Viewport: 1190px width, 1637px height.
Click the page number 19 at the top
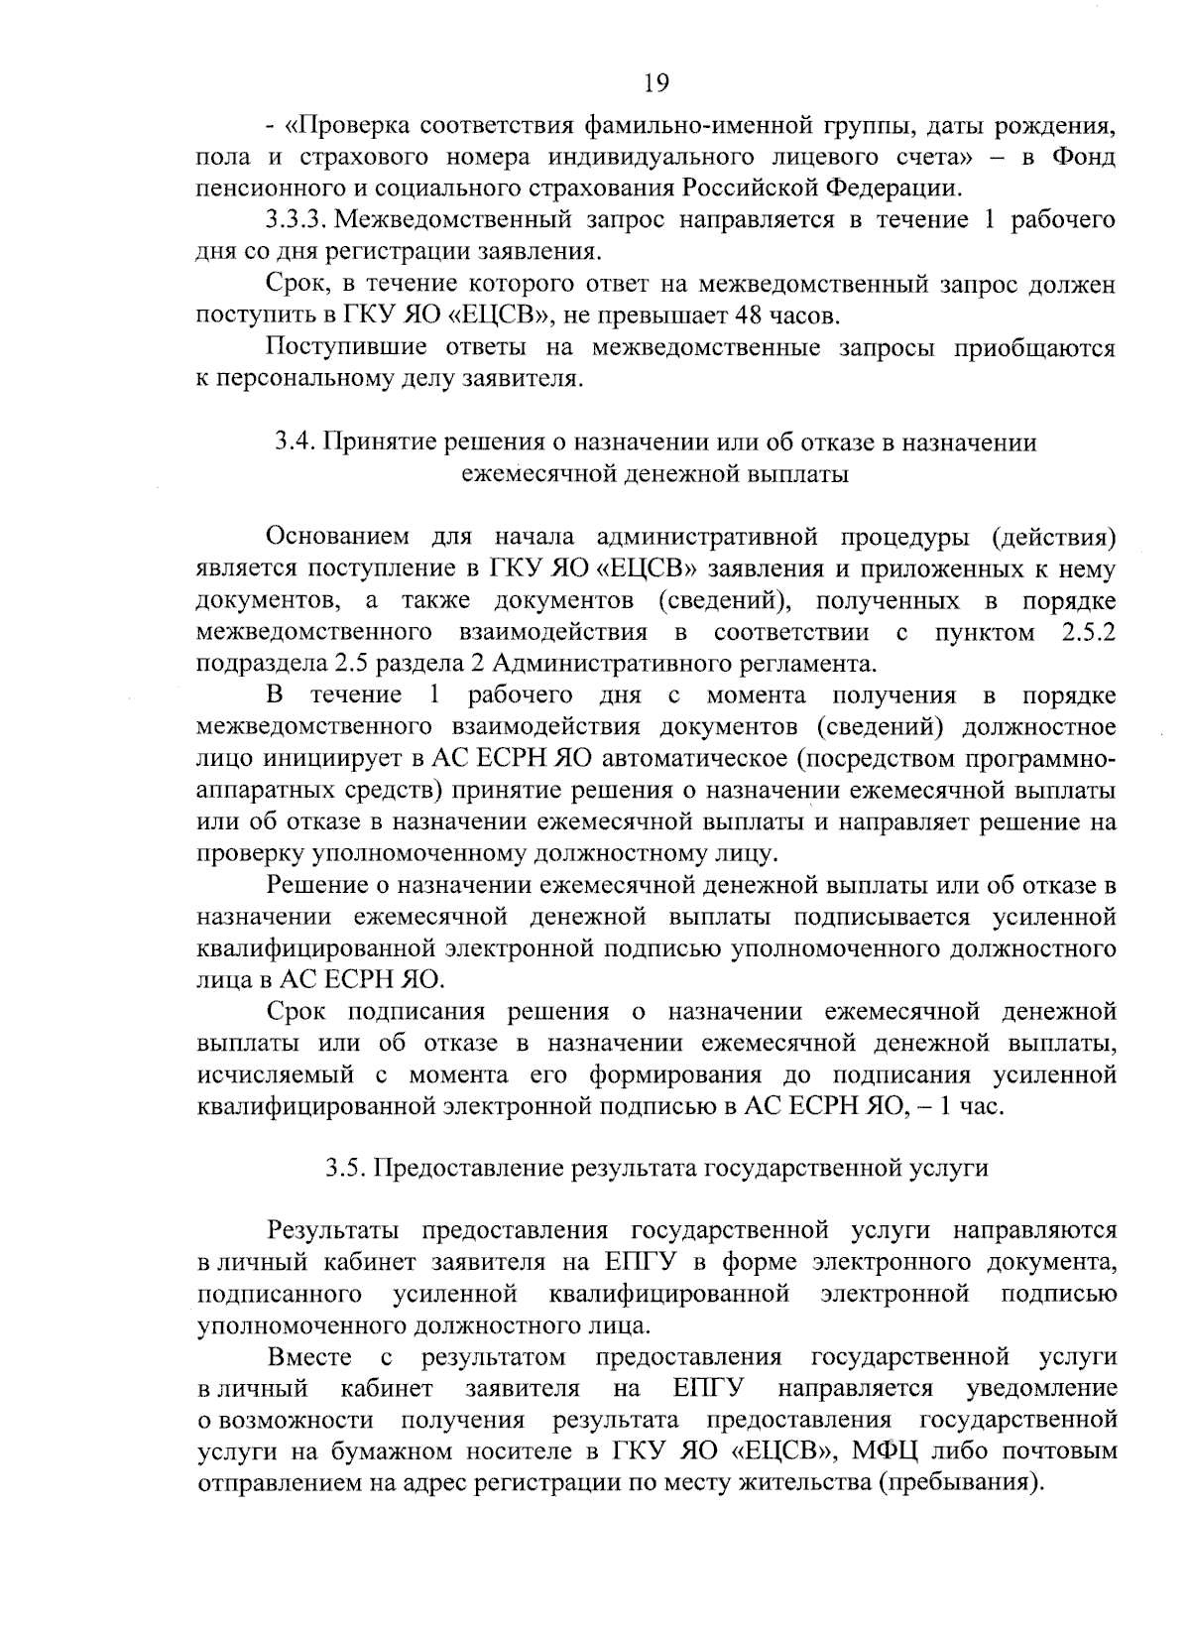click(x=655, y=82)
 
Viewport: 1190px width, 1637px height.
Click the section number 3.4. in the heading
click(x=295, y=442)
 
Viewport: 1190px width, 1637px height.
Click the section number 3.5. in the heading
click(x=347, y=1168)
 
